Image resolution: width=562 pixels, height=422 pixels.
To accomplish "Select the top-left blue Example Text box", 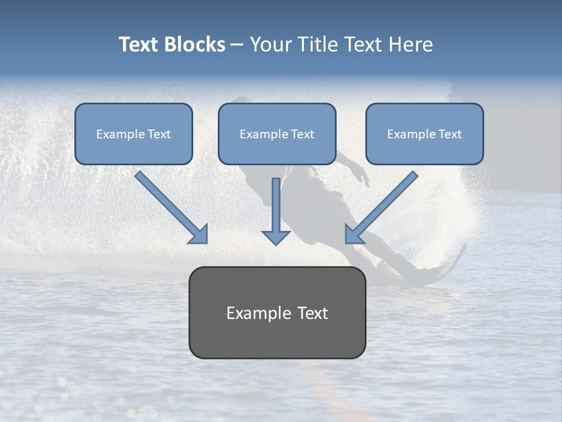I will click(x=133, y=134).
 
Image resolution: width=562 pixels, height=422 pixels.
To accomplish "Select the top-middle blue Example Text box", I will click(x=277, y=134).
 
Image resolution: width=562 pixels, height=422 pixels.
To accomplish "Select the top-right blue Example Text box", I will click(x=424, y=134).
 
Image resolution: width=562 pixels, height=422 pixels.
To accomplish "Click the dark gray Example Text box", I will click(x=277, y=312).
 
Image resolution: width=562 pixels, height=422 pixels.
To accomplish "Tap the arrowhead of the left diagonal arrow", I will click(x=199, y=234).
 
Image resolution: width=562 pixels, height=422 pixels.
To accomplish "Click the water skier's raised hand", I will click(x=364, y=176).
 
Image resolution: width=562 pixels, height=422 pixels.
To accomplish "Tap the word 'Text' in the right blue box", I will click(x=450, y=134).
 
